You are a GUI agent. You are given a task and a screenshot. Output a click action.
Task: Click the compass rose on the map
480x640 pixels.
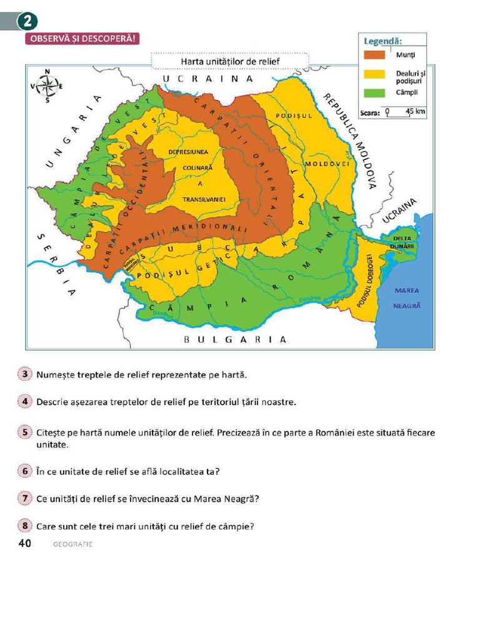tap(48, 85)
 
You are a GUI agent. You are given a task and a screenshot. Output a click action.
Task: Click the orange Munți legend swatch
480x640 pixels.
tap(374, 54)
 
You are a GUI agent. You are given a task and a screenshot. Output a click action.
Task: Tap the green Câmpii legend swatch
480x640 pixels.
tap(374, 92)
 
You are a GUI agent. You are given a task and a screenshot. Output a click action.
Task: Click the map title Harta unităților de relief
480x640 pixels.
tap(229, 62)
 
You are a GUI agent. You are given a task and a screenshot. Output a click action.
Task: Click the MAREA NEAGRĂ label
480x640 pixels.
tap(407, 298)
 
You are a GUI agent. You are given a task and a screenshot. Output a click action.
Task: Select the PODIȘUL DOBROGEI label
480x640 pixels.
tap(369, 280)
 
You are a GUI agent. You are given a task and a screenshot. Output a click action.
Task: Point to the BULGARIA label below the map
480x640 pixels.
tap(235, 339)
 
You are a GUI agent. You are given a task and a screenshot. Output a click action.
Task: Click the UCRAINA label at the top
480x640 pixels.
tap(208, 79)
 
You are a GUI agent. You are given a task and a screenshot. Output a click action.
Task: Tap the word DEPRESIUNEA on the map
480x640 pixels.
tap(188, 152)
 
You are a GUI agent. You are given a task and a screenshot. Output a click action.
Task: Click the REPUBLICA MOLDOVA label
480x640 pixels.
tap(349, 141)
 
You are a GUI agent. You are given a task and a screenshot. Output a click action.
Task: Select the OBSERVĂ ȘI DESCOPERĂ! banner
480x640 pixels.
tap(80, 39)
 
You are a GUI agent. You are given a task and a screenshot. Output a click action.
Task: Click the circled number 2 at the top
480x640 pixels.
tap(27, 22)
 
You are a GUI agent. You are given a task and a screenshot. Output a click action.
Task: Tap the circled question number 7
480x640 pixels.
tap(25, 498)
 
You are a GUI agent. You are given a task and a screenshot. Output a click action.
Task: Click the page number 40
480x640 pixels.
tap(25, 543)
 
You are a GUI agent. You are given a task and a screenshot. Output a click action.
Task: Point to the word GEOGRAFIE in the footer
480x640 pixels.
tap(72, 544)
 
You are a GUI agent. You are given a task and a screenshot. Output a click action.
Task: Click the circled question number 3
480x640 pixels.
tap(25, 374)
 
